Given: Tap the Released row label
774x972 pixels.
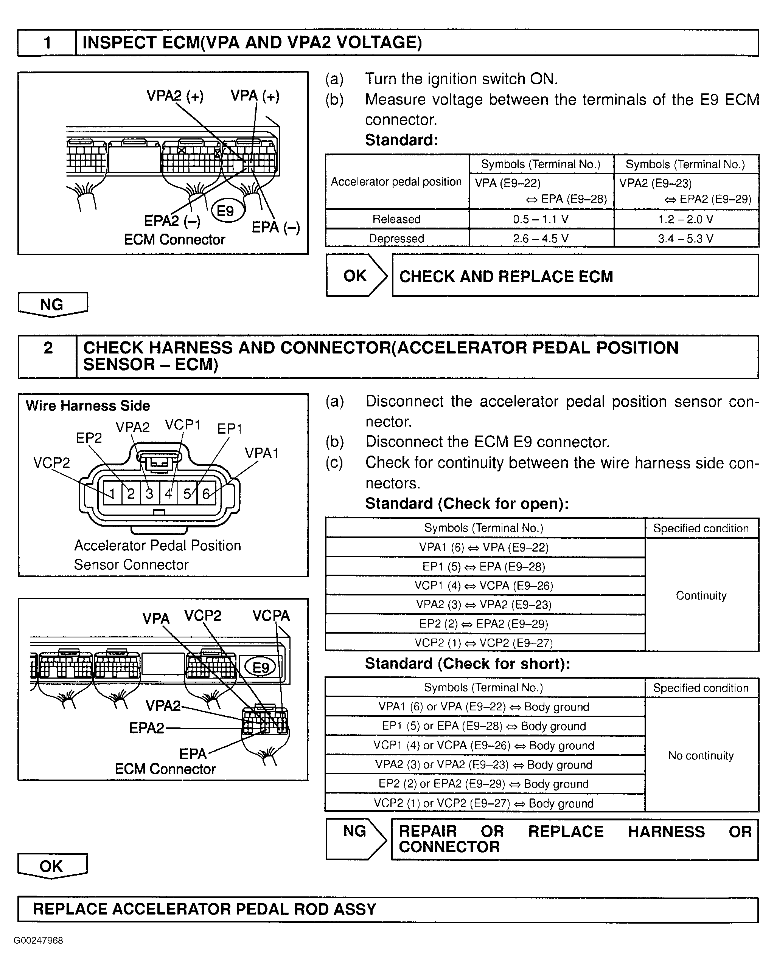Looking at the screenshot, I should click(x=396, y=219).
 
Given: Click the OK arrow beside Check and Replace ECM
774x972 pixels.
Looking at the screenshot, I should click(x=356, y=276).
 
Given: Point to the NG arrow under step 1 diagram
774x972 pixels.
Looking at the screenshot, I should click(x=52, y=304).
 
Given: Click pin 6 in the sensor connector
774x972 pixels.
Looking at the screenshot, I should click(x=206, y=494).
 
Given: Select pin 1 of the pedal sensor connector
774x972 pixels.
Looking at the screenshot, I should click(x=112, y=494).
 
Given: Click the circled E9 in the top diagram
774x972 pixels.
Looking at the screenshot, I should click(x=225, y=211).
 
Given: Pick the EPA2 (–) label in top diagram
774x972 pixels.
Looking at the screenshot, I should click(x=172, y=221).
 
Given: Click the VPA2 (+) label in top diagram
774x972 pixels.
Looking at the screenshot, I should click(x=175, y=96).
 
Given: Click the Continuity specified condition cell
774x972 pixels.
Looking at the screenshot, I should click(x=701, y=595).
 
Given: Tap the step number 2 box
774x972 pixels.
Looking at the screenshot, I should click(x=48, y=348).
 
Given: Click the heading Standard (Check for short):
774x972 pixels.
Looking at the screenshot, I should click(x=467, y=664).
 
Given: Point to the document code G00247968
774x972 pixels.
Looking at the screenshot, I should click(x=39, y=941).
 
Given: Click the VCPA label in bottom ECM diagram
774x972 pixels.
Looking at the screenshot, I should click(x=270, y=615).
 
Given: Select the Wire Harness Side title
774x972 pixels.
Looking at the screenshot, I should click(x=87, y=406).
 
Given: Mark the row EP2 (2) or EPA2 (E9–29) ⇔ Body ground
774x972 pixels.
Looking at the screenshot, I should click(x=483, y=784).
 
